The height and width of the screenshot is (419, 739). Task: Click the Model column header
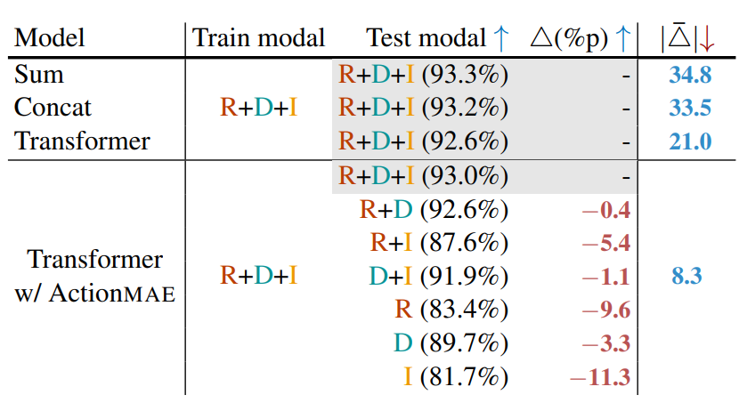coord(51,38)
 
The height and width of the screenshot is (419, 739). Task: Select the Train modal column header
coord(259,38)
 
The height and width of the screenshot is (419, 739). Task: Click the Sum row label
coord(34,75)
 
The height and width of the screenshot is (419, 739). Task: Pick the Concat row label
coord(53,108)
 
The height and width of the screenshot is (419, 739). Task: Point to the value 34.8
coord(690,76)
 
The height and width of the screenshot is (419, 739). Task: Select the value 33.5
coord(690,109)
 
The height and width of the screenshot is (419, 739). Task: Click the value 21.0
coord(690,141)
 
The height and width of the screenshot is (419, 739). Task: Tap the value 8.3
coord(686,277)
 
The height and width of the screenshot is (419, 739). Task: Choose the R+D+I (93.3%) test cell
coord(423,75)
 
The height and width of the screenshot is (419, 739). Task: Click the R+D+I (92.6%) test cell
coord(423,141)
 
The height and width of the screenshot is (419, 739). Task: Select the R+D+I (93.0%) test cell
coord(423,175)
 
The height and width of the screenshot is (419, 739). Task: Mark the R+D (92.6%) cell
coord(434,210)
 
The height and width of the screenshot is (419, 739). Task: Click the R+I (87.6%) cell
coord(439,243)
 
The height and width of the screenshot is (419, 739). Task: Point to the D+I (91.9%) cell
coord(438,277)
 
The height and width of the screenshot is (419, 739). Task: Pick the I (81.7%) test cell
coord(455,377)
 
